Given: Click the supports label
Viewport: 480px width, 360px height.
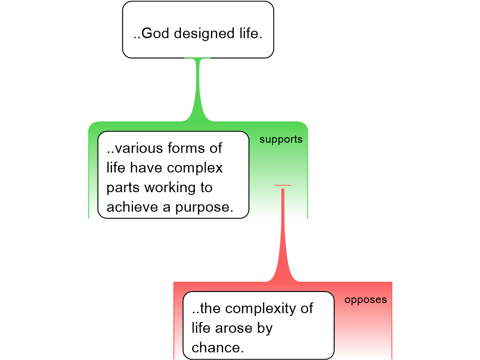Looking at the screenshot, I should [x=281, y=140].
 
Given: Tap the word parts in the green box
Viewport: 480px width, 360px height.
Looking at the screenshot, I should [x=123, y=187].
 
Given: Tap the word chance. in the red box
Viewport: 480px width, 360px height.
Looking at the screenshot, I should [x=218, y=348].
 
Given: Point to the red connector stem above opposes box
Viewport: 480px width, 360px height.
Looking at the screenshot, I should [x=283, y=234].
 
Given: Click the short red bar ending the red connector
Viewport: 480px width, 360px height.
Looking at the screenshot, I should [x=283, y=186].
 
